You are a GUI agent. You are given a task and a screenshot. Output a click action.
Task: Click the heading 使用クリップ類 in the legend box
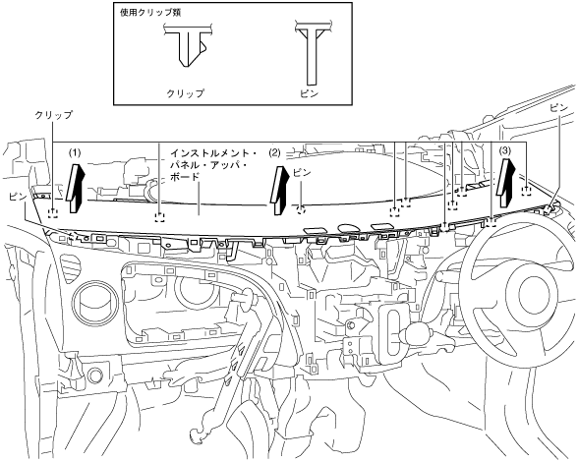tap(150, 12)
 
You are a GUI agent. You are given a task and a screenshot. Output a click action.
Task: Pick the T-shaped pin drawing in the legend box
tap(314, 54)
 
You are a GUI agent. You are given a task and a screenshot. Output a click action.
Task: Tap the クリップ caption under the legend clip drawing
tap(186, 93)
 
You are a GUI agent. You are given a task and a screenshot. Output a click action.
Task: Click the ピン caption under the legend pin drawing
tap(309, 93)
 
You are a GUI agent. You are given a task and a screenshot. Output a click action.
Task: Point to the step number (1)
tap(75, 152)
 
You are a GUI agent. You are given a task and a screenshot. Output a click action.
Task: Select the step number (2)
tap(274, 152)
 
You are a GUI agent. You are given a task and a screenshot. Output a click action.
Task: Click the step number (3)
tap(505, 150)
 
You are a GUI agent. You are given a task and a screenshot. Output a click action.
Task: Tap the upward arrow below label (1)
tap(75, 188)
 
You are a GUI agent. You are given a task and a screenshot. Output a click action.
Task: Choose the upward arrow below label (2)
tap(279, 190)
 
